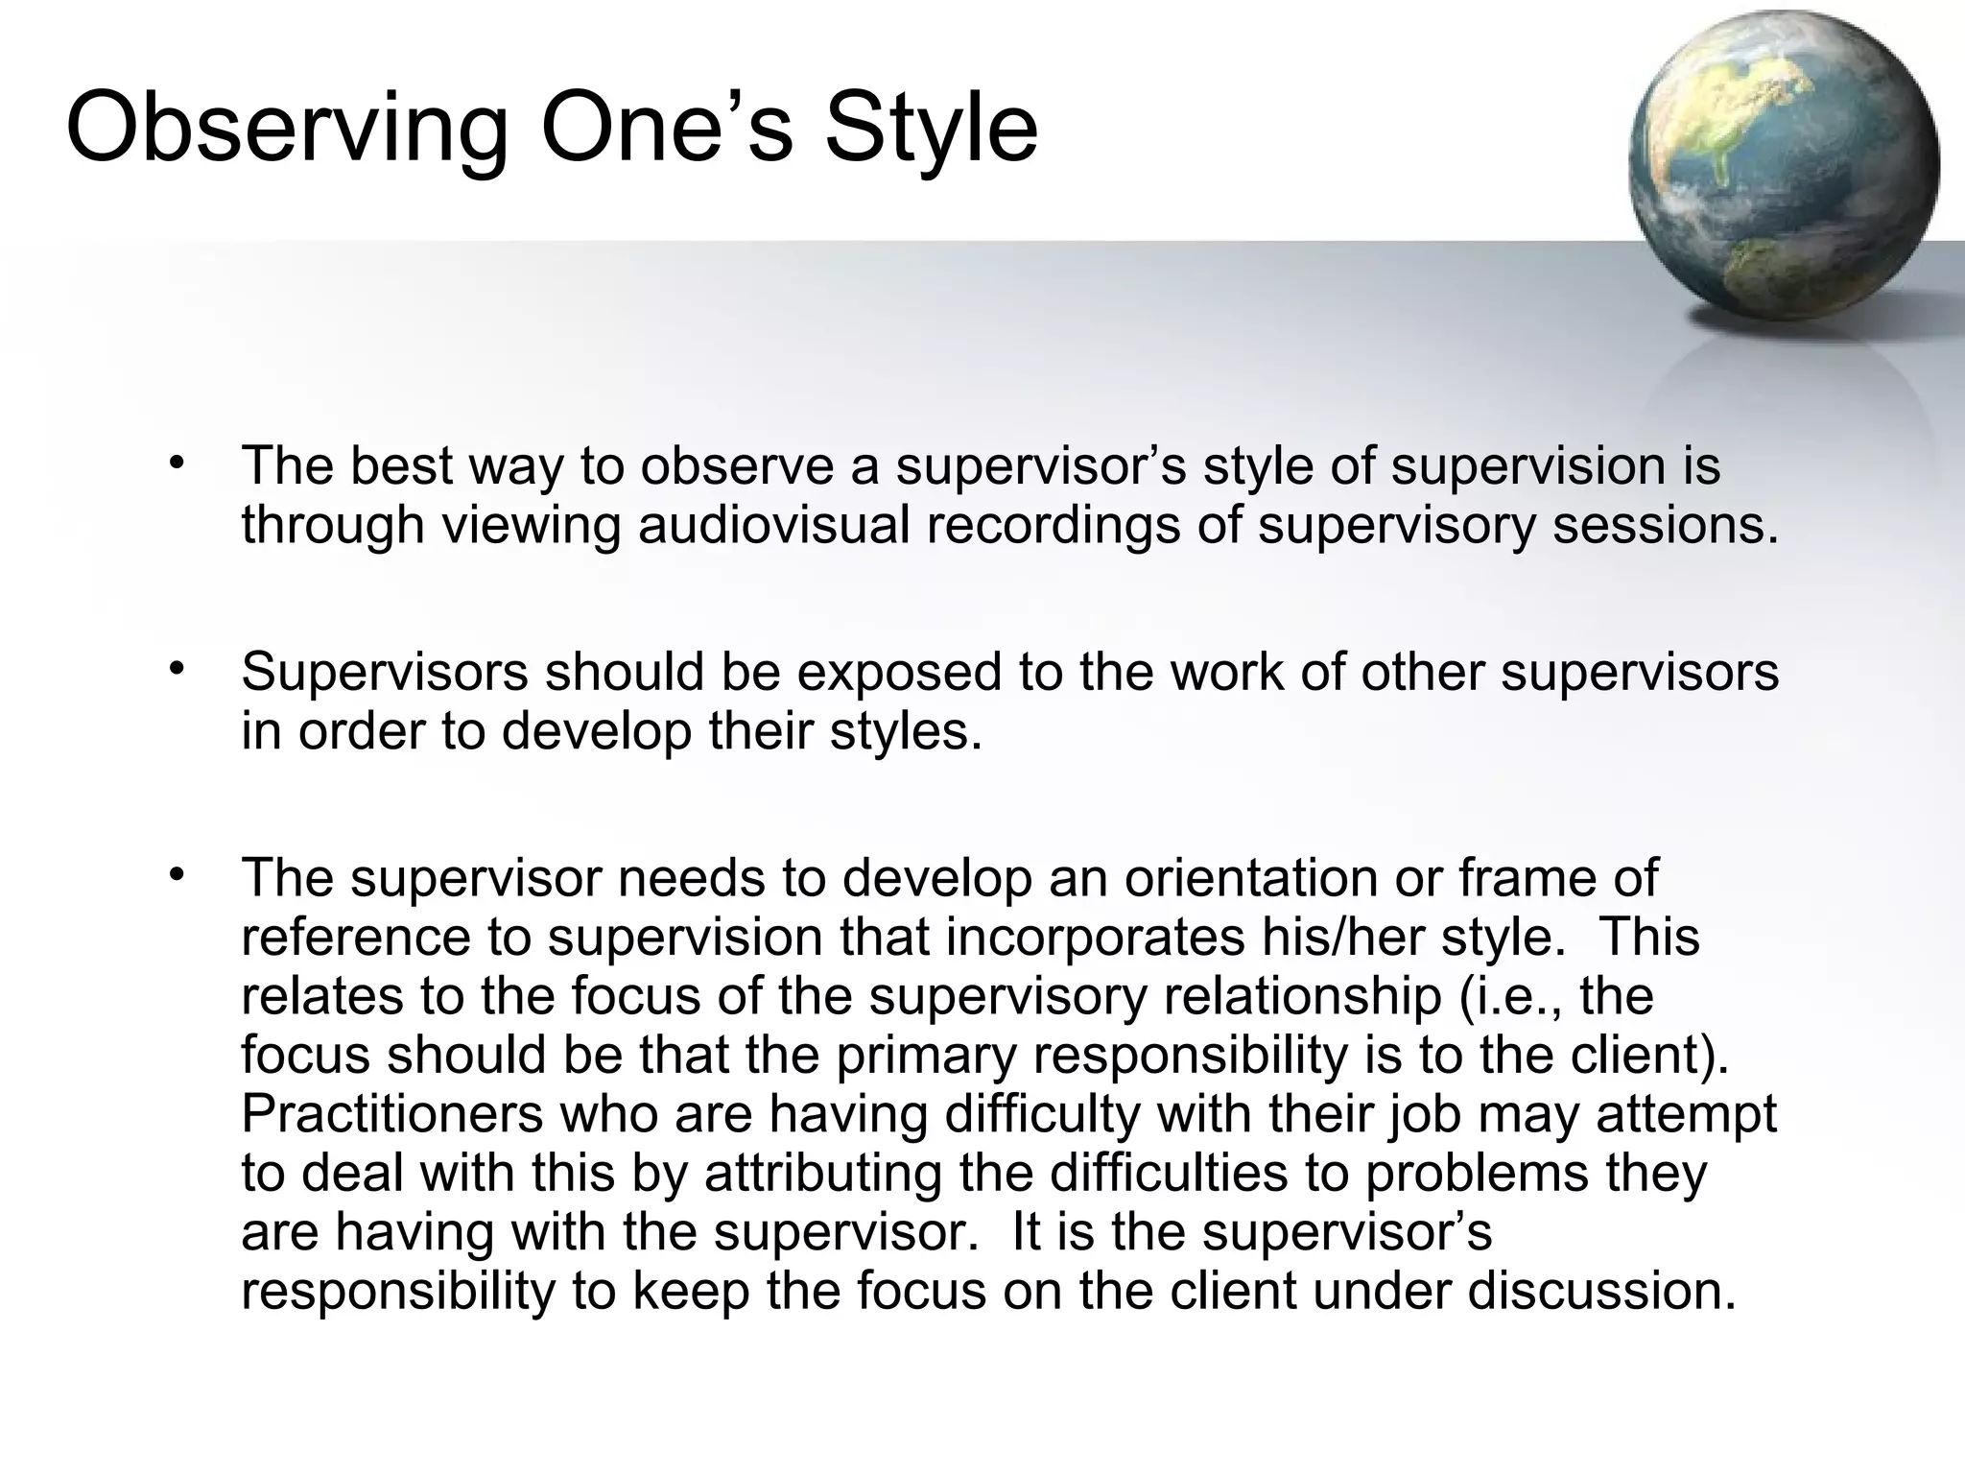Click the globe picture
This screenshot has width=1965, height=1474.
1783,169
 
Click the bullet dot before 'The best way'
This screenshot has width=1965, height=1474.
175,464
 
